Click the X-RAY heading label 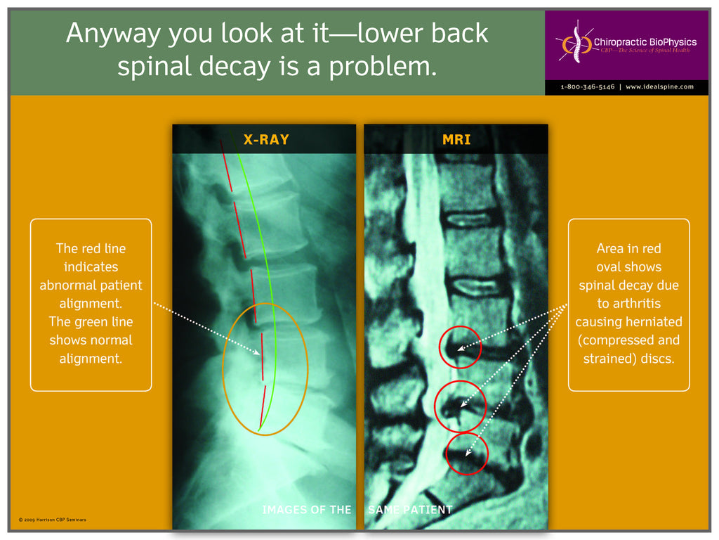(x=265, y=139)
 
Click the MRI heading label (x=456, y=139)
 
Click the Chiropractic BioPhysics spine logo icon (x=574, y=44)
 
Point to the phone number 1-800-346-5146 (x=587, y=86)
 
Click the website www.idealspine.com (x=659, y=86)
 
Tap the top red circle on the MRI (x=461, y=347)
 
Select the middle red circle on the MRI (x=459, y=406)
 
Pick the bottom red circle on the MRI (x=467, y=454)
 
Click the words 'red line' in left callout (x=103, y=248)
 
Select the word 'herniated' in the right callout (x=657, y=321)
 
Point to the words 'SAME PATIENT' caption (x=410, y=509)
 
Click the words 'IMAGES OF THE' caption (x=306, y=509)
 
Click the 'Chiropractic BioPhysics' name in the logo (x=645, y=42)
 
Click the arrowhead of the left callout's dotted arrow (x=260, y=354)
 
